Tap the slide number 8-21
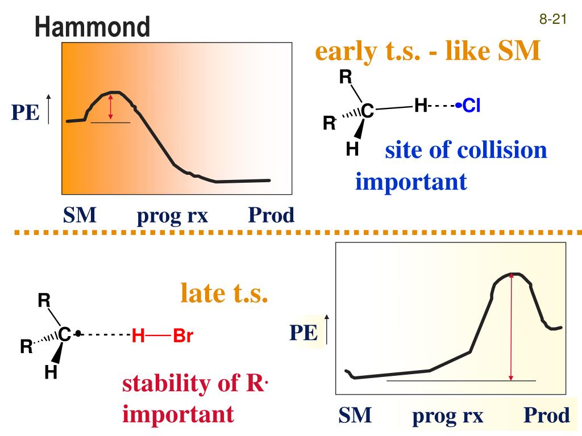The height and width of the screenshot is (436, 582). pos(553,20)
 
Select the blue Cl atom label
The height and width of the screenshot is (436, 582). pos(471,106)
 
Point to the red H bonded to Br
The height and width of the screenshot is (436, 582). pos(138,337)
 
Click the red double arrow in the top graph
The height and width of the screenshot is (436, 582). pos(111,107)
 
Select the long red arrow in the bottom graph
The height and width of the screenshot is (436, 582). pos(512,326)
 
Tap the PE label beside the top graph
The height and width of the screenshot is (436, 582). pos(26,113)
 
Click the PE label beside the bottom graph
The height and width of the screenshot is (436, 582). pos(303,333)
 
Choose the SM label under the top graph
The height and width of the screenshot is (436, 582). pos(80,216)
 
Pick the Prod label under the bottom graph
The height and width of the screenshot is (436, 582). pos(546,416)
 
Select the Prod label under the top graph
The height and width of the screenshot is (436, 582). pos(272,216)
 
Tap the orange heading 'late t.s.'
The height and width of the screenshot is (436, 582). pos(224,294)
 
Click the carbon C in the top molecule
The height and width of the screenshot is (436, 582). pos(368,112)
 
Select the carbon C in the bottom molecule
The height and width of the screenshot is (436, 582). pos(65,336)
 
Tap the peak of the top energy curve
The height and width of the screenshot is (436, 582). pos(115,91)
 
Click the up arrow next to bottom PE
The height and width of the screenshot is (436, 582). pos(327,329)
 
